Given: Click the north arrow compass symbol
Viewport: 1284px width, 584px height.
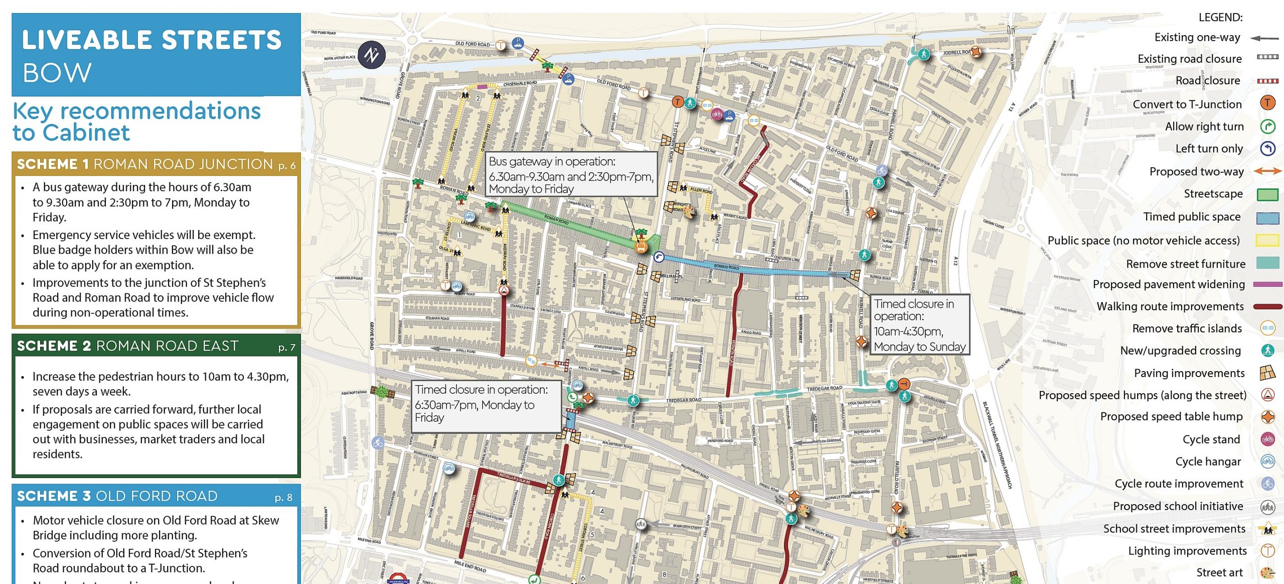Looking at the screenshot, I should pos(372,54).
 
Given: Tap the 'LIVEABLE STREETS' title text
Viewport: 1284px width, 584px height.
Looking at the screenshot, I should pos(151,40).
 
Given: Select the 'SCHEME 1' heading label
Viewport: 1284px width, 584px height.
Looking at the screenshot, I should pos(53,164).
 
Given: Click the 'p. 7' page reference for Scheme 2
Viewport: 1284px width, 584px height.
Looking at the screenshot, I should pos(286,347).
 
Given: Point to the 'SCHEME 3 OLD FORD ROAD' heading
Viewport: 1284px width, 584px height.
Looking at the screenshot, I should pos(117,496).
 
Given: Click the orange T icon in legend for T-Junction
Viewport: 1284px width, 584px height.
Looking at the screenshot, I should pos(1267,103).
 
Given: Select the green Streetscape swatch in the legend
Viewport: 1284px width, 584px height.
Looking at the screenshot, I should pos(1267,194).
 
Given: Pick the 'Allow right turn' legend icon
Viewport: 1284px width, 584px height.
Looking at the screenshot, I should pos(1267,126).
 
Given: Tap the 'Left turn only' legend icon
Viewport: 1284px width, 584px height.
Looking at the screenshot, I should pos(1267,149).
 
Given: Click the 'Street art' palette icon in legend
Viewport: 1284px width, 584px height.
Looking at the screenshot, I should pos(1267,572).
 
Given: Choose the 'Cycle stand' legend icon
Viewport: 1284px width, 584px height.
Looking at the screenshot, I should pos(1267,439).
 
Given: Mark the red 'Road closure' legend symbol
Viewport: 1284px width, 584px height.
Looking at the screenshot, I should pos(1267,81).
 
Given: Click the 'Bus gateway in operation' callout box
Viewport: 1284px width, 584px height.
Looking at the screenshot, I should pos(571,175).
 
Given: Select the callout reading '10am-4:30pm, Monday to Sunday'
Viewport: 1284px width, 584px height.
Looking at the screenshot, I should pos(919,325).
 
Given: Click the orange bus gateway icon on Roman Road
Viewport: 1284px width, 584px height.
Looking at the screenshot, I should pos(640,247).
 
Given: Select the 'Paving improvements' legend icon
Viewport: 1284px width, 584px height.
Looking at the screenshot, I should pos(1267,373).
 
